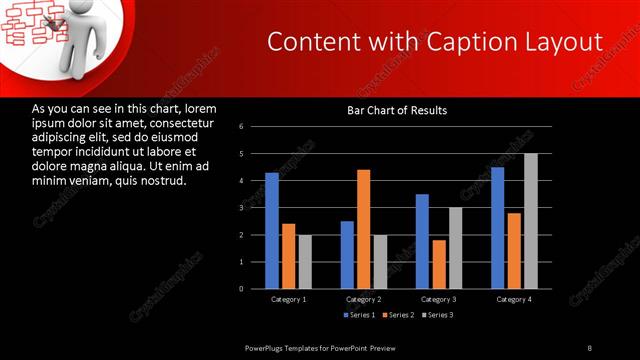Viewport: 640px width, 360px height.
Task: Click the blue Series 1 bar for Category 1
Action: click(271, 230)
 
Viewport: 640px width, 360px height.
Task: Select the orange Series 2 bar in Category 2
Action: click(363, 229)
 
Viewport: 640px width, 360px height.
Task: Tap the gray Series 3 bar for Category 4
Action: click(530, 221)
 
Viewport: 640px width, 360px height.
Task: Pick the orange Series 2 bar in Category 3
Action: click(438, 264)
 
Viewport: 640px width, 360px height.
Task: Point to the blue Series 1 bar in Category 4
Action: click(497, 228)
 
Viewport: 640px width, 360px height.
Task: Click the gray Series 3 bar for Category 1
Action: click(305, 261)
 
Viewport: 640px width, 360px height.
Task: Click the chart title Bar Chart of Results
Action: click(397, 110)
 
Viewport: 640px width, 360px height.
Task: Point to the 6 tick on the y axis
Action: click(242, 127)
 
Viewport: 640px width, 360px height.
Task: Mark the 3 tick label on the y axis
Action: click(242, 208)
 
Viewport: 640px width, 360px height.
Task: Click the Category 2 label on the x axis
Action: click(363, 299)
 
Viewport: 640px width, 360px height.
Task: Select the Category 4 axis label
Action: click(513, 299)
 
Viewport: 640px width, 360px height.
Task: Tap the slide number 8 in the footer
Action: click(589, 347)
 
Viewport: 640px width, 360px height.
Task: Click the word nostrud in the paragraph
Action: click(164, 181)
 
